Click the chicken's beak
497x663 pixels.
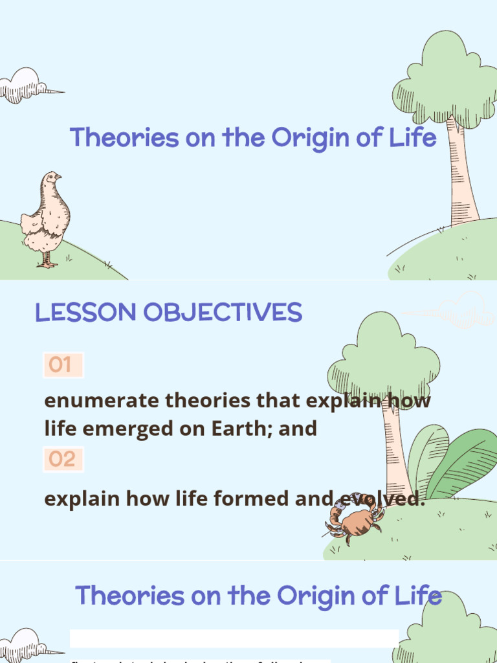click(59, 176)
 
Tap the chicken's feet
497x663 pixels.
click(47, 262)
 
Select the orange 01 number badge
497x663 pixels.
click(62, 365)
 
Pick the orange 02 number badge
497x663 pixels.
click(62, 460)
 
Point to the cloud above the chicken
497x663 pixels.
click(27, 85)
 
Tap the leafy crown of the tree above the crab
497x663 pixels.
click(383, 359)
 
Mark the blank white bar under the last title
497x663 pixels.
click(233, 638)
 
